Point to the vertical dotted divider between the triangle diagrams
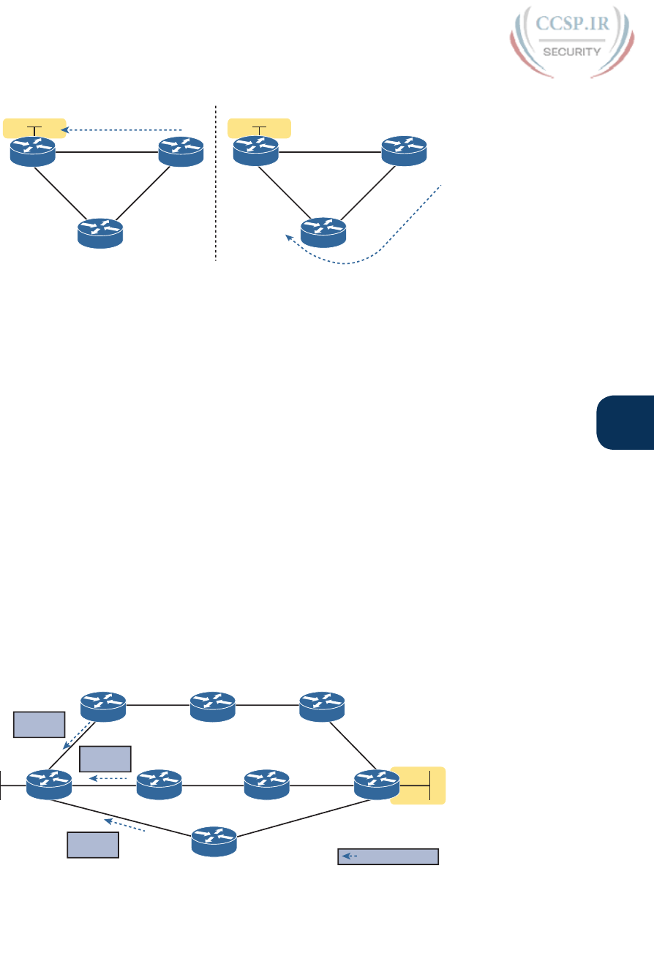pos(217,183)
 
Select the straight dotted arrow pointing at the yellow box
pos(121,130)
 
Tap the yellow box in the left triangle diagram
pos(34,128)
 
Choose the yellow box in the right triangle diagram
pos(259,129)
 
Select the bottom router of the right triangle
pos(324,232)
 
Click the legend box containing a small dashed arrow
pos(388,856)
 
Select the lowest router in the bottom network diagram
pos(214,842)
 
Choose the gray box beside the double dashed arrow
pos(40,724)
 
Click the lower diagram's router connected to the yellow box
pos(377,785)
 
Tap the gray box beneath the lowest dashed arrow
pos(93,845)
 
